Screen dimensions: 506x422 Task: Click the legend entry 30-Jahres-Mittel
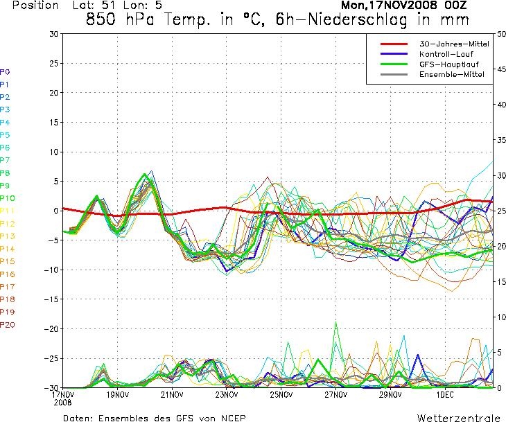click(454, 44)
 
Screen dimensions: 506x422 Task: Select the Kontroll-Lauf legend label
click(446, 54)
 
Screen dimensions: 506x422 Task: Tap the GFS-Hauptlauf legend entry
click(449, 64)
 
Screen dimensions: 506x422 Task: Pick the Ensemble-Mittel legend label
click(452, 75)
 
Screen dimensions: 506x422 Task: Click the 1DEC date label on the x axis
click(445, 395)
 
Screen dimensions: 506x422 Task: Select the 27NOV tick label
click(335, 395)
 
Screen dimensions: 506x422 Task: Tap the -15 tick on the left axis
click(51, 299)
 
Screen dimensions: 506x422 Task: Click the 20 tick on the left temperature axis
click(54, 93)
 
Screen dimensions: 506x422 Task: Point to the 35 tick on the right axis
click(501, 140)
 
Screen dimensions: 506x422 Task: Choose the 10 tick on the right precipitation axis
click(501, 317)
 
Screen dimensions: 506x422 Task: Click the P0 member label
click(5, 72)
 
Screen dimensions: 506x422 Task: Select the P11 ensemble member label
click(7, 211)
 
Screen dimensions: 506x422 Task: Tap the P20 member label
click(7, 325)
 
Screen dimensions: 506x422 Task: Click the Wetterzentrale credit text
click(459, 418)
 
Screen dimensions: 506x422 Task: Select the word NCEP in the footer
click(234, 418)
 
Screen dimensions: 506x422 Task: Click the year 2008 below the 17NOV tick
click(63, 403)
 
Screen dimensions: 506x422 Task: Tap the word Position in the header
click(35, 5)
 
